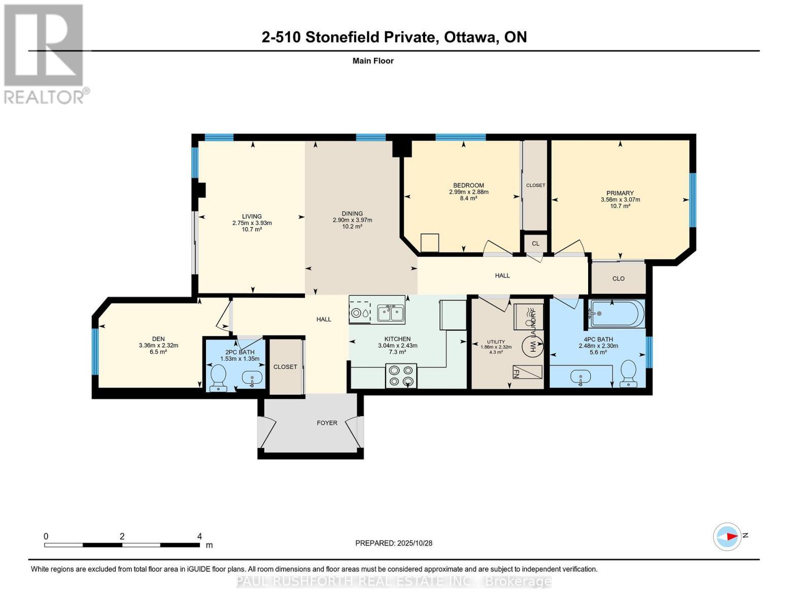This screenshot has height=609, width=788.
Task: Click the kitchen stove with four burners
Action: [x=401, y=376]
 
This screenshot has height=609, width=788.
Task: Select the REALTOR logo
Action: [x=45, y=54]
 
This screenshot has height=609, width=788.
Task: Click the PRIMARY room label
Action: [x=620, y=193]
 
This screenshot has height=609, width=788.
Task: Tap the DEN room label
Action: [x=158, y=339]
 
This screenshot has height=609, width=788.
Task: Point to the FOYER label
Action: [x=327, y=423]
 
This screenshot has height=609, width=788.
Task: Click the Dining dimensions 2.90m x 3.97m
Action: [x=352, y=220]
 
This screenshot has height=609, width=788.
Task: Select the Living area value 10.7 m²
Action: [x=252, y=230]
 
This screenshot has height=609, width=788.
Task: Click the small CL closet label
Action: [x=535, y=244]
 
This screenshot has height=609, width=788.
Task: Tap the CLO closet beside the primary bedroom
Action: [x=618, y=279]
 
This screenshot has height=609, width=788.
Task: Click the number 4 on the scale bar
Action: [x=199, y=536]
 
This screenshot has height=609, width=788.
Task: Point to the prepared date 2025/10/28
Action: [x=414, y=543]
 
